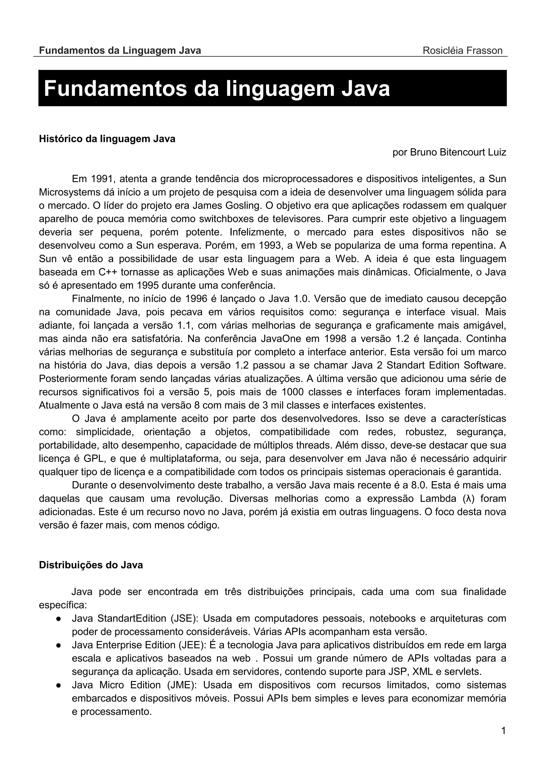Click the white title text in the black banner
[x=217, y=89]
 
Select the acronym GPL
[x=95, y=458]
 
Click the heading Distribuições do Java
[x=91, y=565]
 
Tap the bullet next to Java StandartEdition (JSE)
[x=58, y=619]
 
